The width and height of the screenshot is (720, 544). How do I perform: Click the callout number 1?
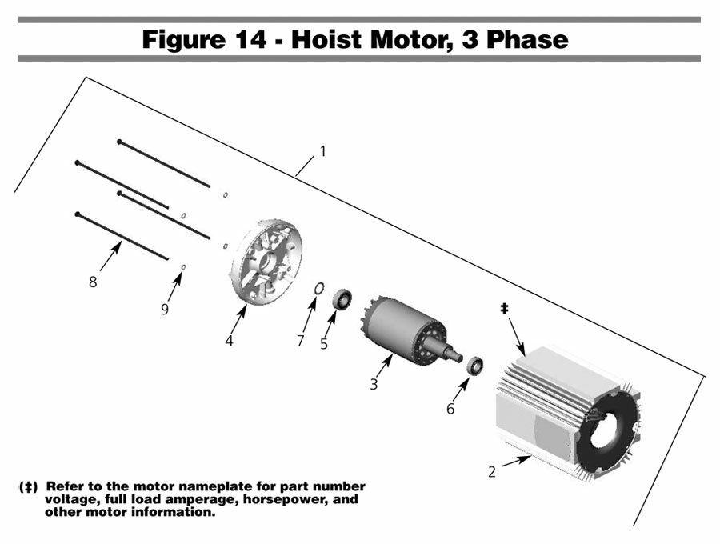(322, 150)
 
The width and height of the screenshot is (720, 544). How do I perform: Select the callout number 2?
(492, 472)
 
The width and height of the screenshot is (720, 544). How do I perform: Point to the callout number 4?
(229, 341)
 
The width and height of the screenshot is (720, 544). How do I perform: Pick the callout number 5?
(323, 344)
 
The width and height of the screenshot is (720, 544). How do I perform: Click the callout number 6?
(450, 409)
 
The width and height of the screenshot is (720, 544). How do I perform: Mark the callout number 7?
(301, 341)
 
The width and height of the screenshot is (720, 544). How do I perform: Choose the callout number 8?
(93, 282)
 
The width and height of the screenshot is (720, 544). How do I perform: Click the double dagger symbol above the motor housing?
(505, 307)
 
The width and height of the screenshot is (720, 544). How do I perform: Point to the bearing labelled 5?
(342, 299)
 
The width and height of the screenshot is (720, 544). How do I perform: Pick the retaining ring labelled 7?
(317, 288)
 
